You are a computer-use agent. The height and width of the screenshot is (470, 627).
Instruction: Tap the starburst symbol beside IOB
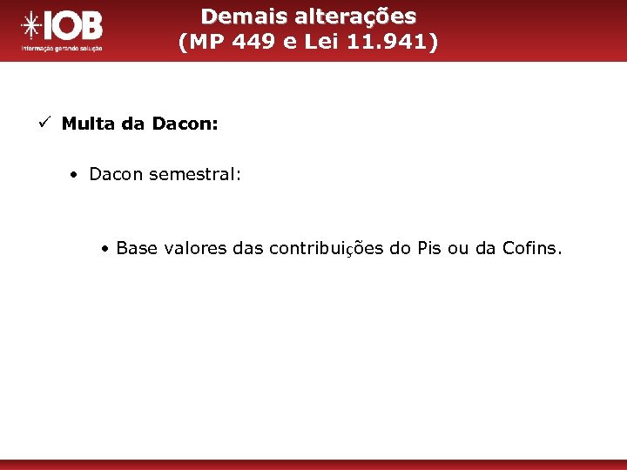pos(32,27)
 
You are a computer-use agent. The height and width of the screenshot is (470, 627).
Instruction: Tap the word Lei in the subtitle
pos(321,42)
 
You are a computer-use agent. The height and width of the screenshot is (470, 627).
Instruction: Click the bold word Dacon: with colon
pos(185,124)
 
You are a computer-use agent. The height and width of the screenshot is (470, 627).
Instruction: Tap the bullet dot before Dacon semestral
pos(77,175)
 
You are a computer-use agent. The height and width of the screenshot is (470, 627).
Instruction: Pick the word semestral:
pos(195,174)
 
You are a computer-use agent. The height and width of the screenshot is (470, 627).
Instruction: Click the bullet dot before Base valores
pos(104,249)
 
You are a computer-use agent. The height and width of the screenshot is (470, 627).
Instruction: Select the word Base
pos(135,248)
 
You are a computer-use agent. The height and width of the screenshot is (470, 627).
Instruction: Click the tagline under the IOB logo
pos(61,49)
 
